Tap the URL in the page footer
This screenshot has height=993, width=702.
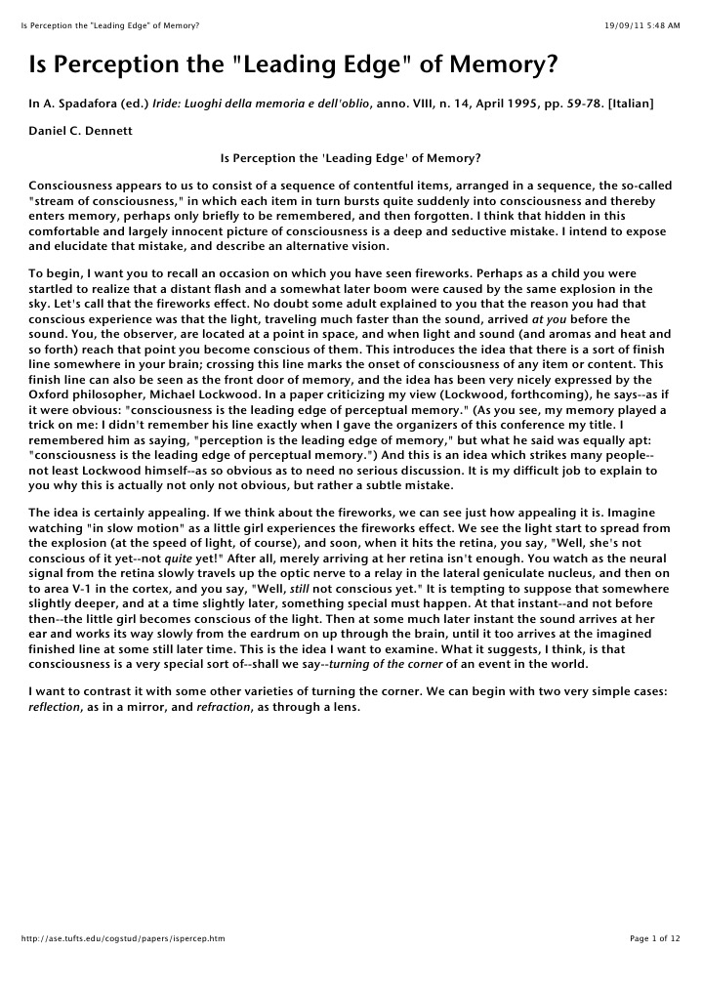tap(123, 938)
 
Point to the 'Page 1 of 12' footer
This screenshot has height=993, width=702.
tap(655, 938)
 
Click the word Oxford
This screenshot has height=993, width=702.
tap(51, 393)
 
